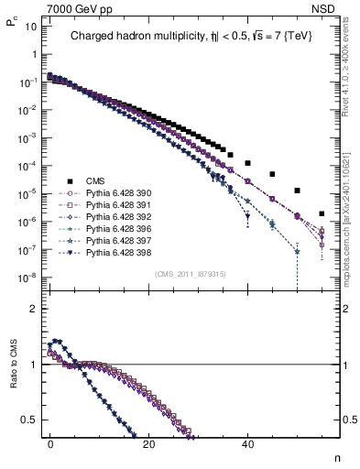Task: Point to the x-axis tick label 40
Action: point(247,442)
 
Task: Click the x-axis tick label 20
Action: point(149,442)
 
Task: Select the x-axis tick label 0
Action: point(50,442)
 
